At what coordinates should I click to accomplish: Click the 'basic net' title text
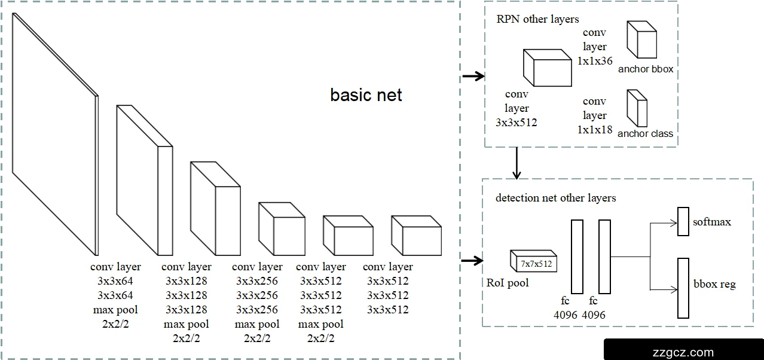tap(366, 94)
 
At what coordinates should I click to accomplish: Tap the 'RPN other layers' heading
tap(537, 19)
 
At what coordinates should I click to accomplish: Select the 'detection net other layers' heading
tap(555, 198)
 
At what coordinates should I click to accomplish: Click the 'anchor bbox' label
tap(646, 69)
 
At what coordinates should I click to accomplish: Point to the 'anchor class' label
tap(645, 133)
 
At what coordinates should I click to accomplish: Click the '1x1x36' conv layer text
tap(595, 61)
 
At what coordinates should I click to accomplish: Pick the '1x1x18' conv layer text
tap(595, 129)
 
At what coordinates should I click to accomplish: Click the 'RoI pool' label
tap(508, 283)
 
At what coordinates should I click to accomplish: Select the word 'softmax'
tap(712, 222)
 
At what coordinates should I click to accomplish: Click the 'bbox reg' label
tap(714, 284)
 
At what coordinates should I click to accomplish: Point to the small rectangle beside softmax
tap(683, 221)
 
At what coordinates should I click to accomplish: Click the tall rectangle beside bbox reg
tap(683, 288)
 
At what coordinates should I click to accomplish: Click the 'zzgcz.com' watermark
tap(684, 352)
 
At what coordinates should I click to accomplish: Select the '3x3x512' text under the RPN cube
tap(517, 123)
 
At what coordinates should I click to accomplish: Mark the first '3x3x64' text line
tap(115, 281)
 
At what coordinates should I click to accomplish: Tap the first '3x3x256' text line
tap(257, 281)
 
